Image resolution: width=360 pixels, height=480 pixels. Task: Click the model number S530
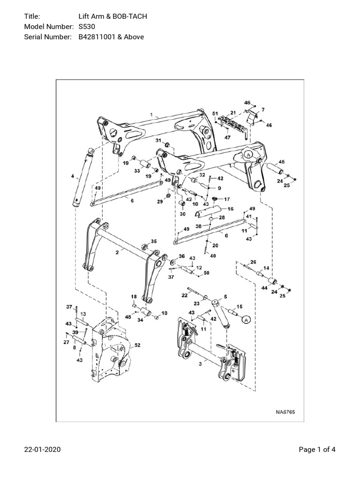[x=87, y=27]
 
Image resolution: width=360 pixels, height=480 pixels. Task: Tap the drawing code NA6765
[x=285, y=412]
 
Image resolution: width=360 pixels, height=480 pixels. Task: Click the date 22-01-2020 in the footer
[x=42, y=450]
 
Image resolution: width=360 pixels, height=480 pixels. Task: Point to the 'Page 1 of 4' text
[x=317, y=450]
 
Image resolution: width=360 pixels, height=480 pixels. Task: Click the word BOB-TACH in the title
[x=132, y=17]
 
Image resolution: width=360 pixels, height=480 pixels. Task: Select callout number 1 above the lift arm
[x=151, y=114]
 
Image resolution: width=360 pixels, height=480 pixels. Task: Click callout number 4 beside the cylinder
[x=72, y=177]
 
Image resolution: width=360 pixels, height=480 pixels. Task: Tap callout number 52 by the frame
[x=137, y=345]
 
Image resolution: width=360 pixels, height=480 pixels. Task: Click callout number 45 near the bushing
[x=281, y=162]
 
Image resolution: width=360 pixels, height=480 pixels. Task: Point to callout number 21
[x=233, y=113]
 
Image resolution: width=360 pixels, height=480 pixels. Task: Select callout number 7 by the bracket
[x=262, y=110]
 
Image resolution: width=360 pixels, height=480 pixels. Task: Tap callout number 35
[x=154, y=241]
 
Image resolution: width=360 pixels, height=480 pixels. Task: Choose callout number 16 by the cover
[x=230, y=209]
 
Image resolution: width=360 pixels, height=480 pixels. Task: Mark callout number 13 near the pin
[x=82, y=314]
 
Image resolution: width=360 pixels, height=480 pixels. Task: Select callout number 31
[x=158, y=141]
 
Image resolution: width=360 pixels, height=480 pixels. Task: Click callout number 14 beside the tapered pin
[x=266, y=268]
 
